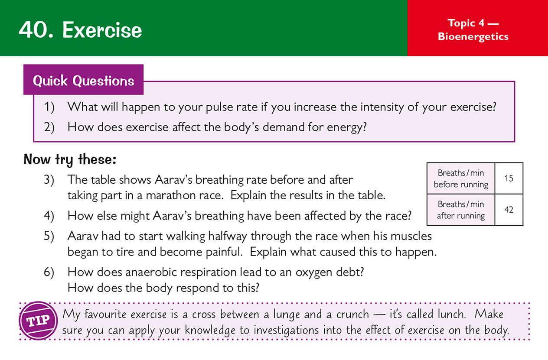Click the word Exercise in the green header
pos(102,30)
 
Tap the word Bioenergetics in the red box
pos(473,36)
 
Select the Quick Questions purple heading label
pos(83,81)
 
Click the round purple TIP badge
pos(38,321)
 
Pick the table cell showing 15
pos(509,178)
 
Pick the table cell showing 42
pos(509,210)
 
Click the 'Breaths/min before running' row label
pos(460,178)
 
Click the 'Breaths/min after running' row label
pos(460,210)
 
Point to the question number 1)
pos(49,107)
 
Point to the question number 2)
pos(49,127)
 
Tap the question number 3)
pos(49,179)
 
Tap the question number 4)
pos(49,215)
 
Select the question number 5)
pos(49,236)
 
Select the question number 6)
pos(49,272)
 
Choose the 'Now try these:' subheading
pos(70,159)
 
